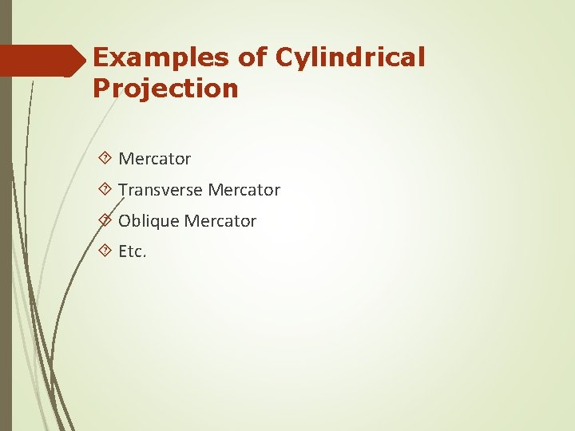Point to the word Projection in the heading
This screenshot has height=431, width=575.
pos(165,88)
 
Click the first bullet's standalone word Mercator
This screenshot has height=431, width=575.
pos(154,159)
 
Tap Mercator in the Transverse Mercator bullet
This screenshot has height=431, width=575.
pos(244,190)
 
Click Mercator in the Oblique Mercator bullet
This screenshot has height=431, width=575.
pos(220,221)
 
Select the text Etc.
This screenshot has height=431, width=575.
pos(133,252)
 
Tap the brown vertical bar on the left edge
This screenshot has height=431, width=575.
pos(6,239)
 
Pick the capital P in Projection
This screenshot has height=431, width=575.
pos(101,88)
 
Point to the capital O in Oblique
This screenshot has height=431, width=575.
pos(125,221)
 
